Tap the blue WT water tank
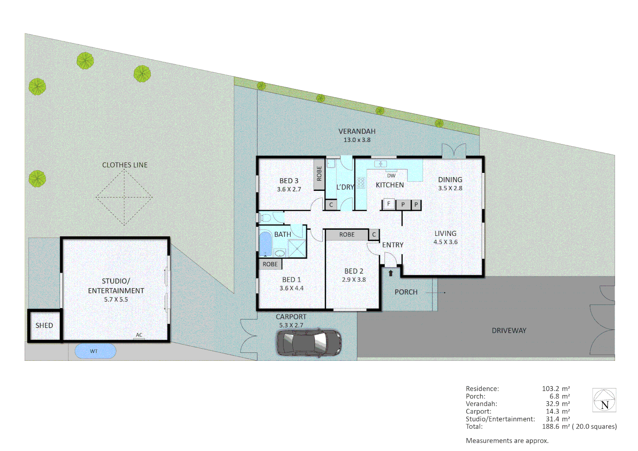coord(95,351)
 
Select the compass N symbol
coord(604,400)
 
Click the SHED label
coord(44,325)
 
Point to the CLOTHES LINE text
coord(125,165)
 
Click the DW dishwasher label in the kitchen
coord(391,176)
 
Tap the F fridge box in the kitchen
coord(389,204)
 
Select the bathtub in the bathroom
coord(265,243)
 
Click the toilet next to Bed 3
coord(265,218)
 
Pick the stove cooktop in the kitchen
coord(361,182)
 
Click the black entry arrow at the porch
coord(391,273)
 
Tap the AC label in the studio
coord(139,335)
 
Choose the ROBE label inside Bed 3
coord(319,174)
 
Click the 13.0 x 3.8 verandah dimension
coord(357,140)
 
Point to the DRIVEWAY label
coord(509,330)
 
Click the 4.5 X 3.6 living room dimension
coord(446,242)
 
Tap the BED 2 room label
coord(354,271)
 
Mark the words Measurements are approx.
coord(507,441)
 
